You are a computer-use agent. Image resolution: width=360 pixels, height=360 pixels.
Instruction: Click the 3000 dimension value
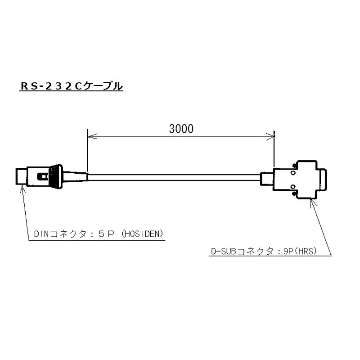(x=181, y=129)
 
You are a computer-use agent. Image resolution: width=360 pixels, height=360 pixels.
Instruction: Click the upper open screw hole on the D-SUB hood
(x=292, y=173)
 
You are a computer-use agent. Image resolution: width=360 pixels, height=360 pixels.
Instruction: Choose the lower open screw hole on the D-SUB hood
(x=292, y=187)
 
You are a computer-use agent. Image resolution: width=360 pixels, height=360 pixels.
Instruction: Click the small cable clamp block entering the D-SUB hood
(x=266, y=179)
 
